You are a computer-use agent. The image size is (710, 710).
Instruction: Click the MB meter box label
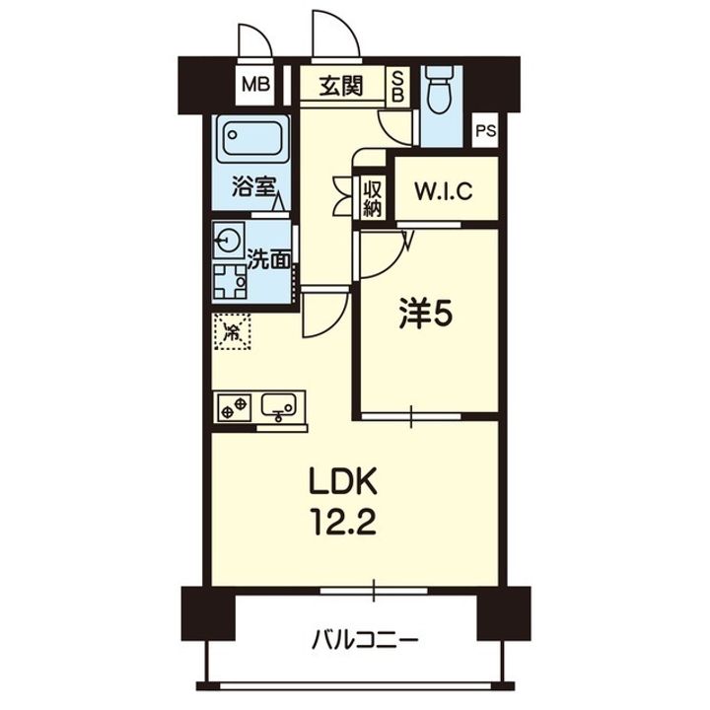tap(255, 85)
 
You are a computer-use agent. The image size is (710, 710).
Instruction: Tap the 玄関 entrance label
tap(341, 86)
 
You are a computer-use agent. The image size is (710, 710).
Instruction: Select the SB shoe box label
tap(397, 87)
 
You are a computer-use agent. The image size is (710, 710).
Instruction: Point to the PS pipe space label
tap(486, 132)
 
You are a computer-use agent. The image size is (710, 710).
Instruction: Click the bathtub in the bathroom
tap(252, 139)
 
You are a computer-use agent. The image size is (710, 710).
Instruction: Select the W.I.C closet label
tap(444, 191)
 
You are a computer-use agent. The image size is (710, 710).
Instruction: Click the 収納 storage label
tap(373, 198)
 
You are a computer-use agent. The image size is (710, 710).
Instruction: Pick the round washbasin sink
tap(229, 240)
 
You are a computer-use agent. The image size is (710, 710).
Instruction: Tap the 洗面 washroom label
tap(269, 260)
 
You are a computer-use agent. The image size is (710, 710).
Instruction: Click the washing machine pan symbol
tap(230, 282)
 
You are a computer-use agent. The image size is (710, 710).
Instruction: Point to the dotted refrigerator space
tap(233, 331)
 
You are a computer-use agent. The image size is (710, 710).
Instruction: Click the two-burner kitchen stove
tap(235, 407)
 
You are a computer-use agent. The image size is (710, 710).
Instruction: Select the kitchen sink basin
tap(279, 406)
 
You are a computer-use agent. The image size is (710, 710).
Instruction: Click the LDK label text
tap(342, 482)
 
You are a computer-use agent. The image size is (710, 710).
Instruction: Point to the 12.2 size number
tap(342, 525)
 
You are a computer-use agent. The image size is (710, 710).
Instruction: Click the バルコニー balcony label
tap(365, 640)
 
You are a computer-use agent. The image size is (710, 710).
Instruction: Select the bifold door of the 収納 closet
tap(342, 195)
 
